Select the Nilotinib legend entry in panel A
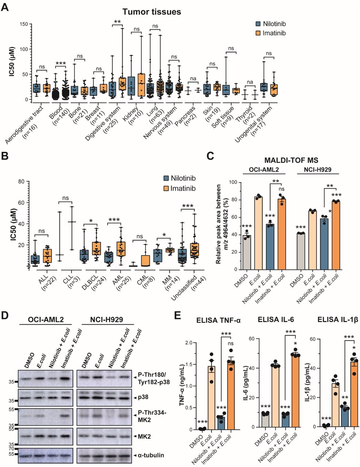[x=269, y=24]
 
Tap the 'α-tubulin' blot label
[x=151, y=455]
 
